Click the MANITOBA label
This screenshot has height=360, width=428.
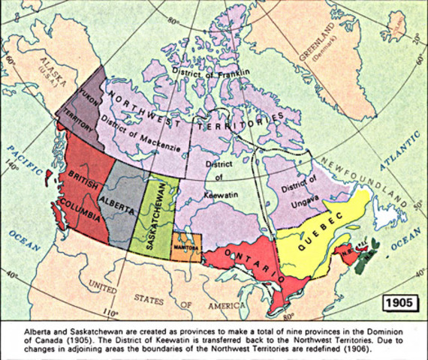coord(185,244)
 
